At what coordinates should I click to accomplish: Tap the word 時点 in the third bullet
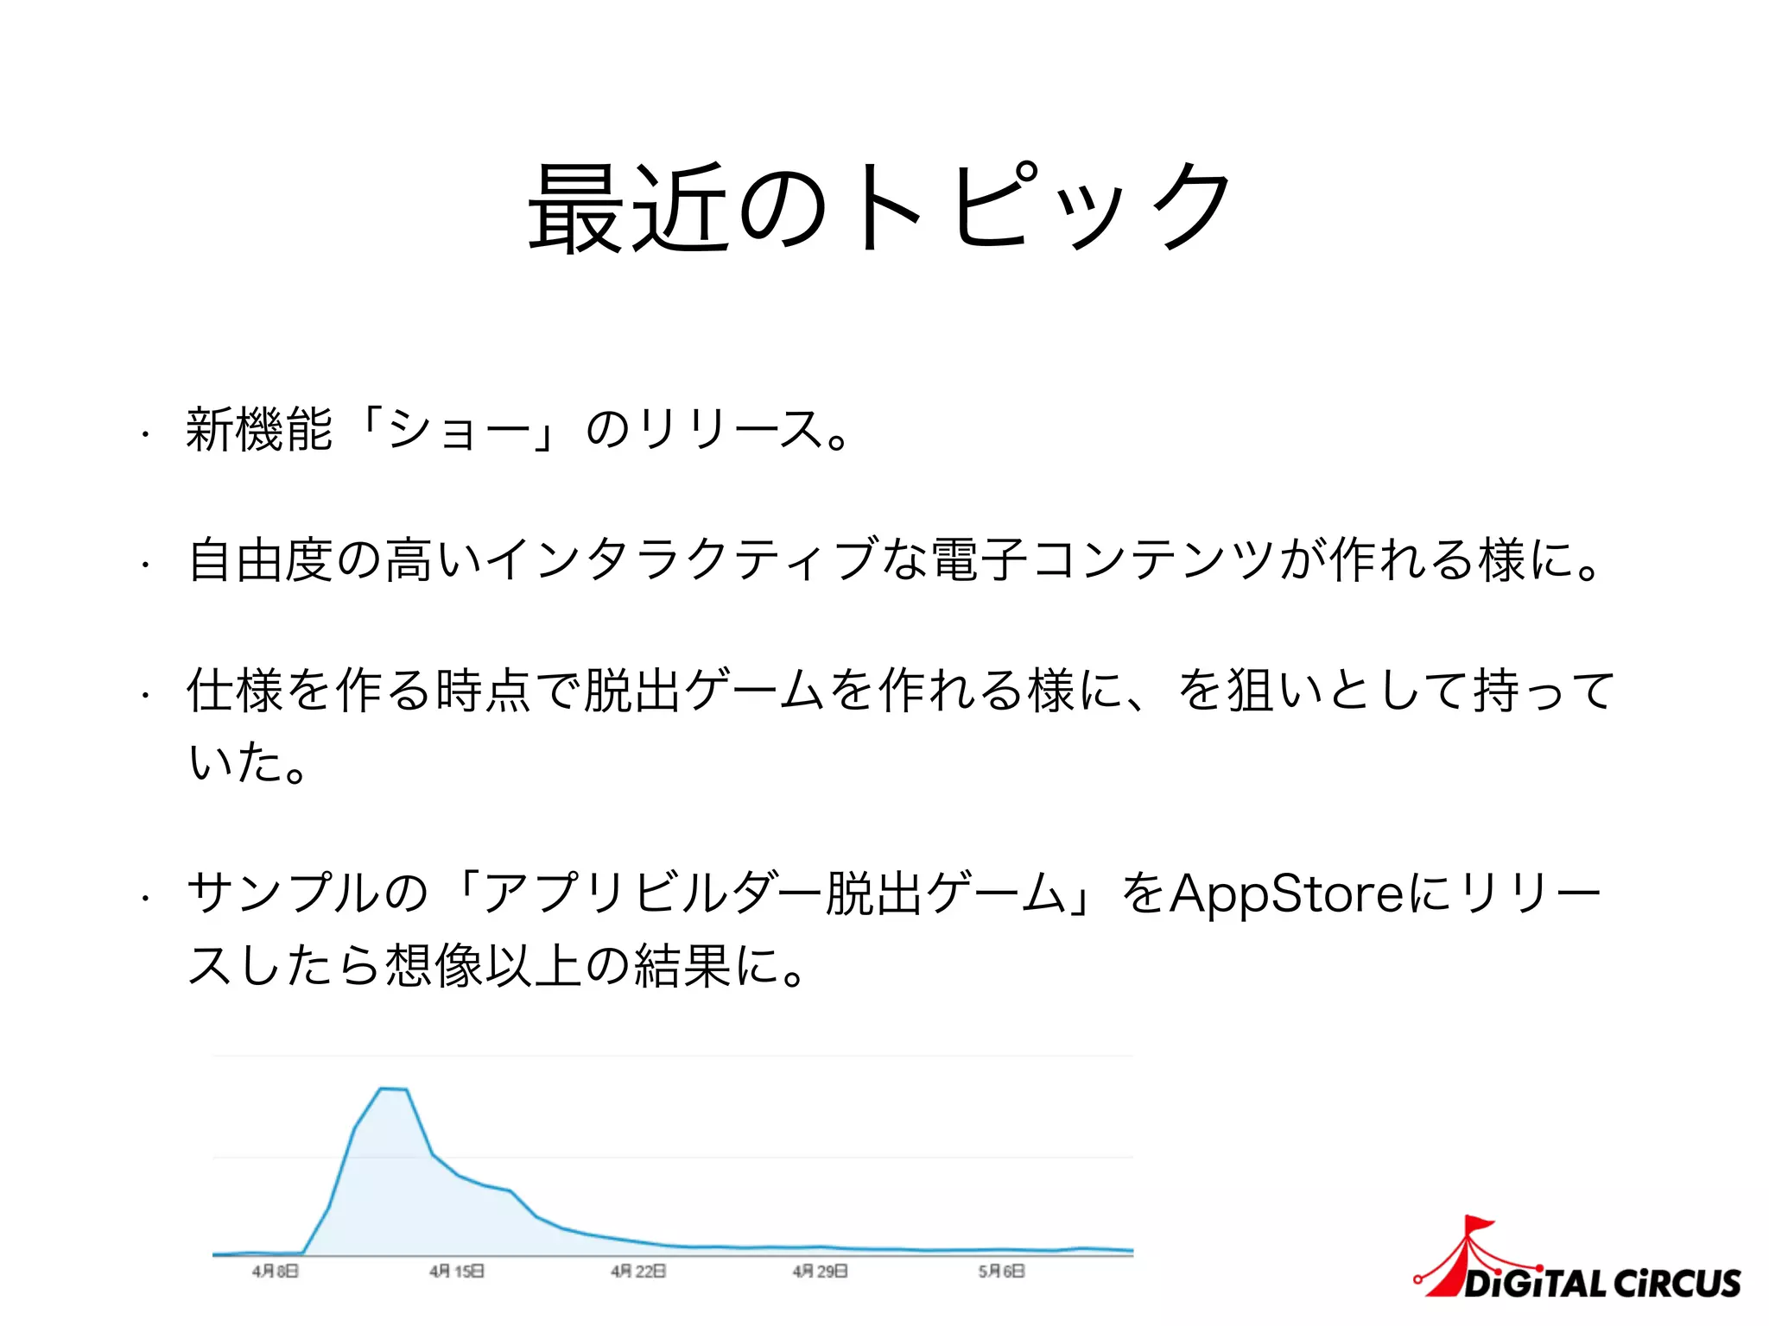[x=485, y=690]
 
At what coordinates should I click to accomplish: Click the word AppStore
[x=1287, y=893]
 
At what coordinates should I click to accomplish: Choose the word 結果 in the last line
[x=683, y=965]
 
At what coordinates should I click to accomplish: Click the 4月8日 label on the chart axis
[x=276, y=1272]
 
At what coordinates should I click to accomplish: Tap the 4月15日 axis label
[x=457, y=1272]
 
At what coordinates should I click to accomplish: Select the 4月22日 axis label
[x=638, y=1272]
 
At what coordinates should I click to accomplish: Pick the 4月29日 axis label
[x=820, y=1272]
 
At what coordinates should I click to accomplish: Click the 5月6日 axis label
[x=1002, y=1272]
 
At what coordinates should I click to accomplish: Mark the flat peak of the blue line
[x=394, y=1089]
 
